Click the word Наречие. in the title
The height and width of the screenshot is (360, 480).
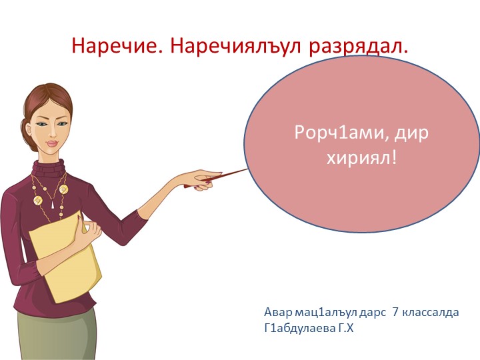tap(117, 46)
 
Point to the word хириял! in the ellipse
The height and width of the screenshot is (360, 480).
tap(362, 159)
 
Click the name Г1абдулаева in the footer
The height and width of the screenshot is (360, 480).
tap(297, 327)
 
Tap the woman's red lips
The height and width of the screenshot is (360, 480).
tap(53, 144)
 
